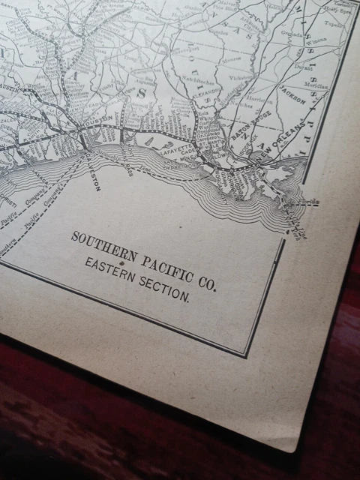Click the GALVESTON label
coord(95,166)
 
